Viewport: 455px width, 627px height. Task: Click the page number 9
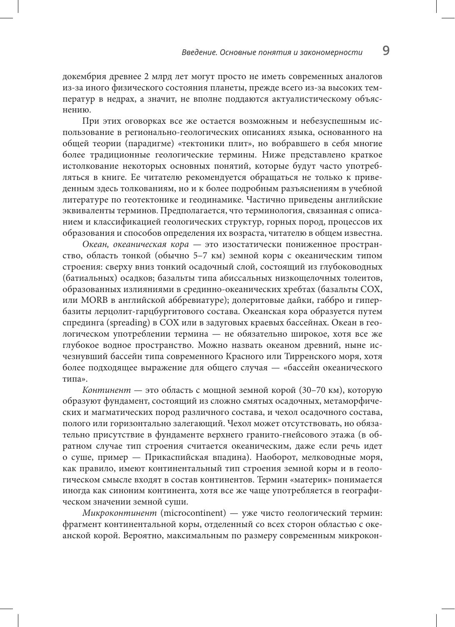coord(386,51)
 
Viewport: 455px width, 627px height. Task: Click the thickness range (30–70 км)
coord(320,390)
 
